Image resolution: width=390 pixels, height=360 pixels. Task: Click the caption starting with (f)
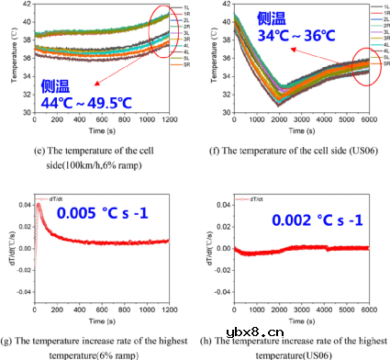pyautogui.click(x=296, y=150)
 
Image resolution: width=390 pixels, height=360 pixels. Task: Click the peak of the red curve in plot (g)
pyautogui.click(x=39, y=204)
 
